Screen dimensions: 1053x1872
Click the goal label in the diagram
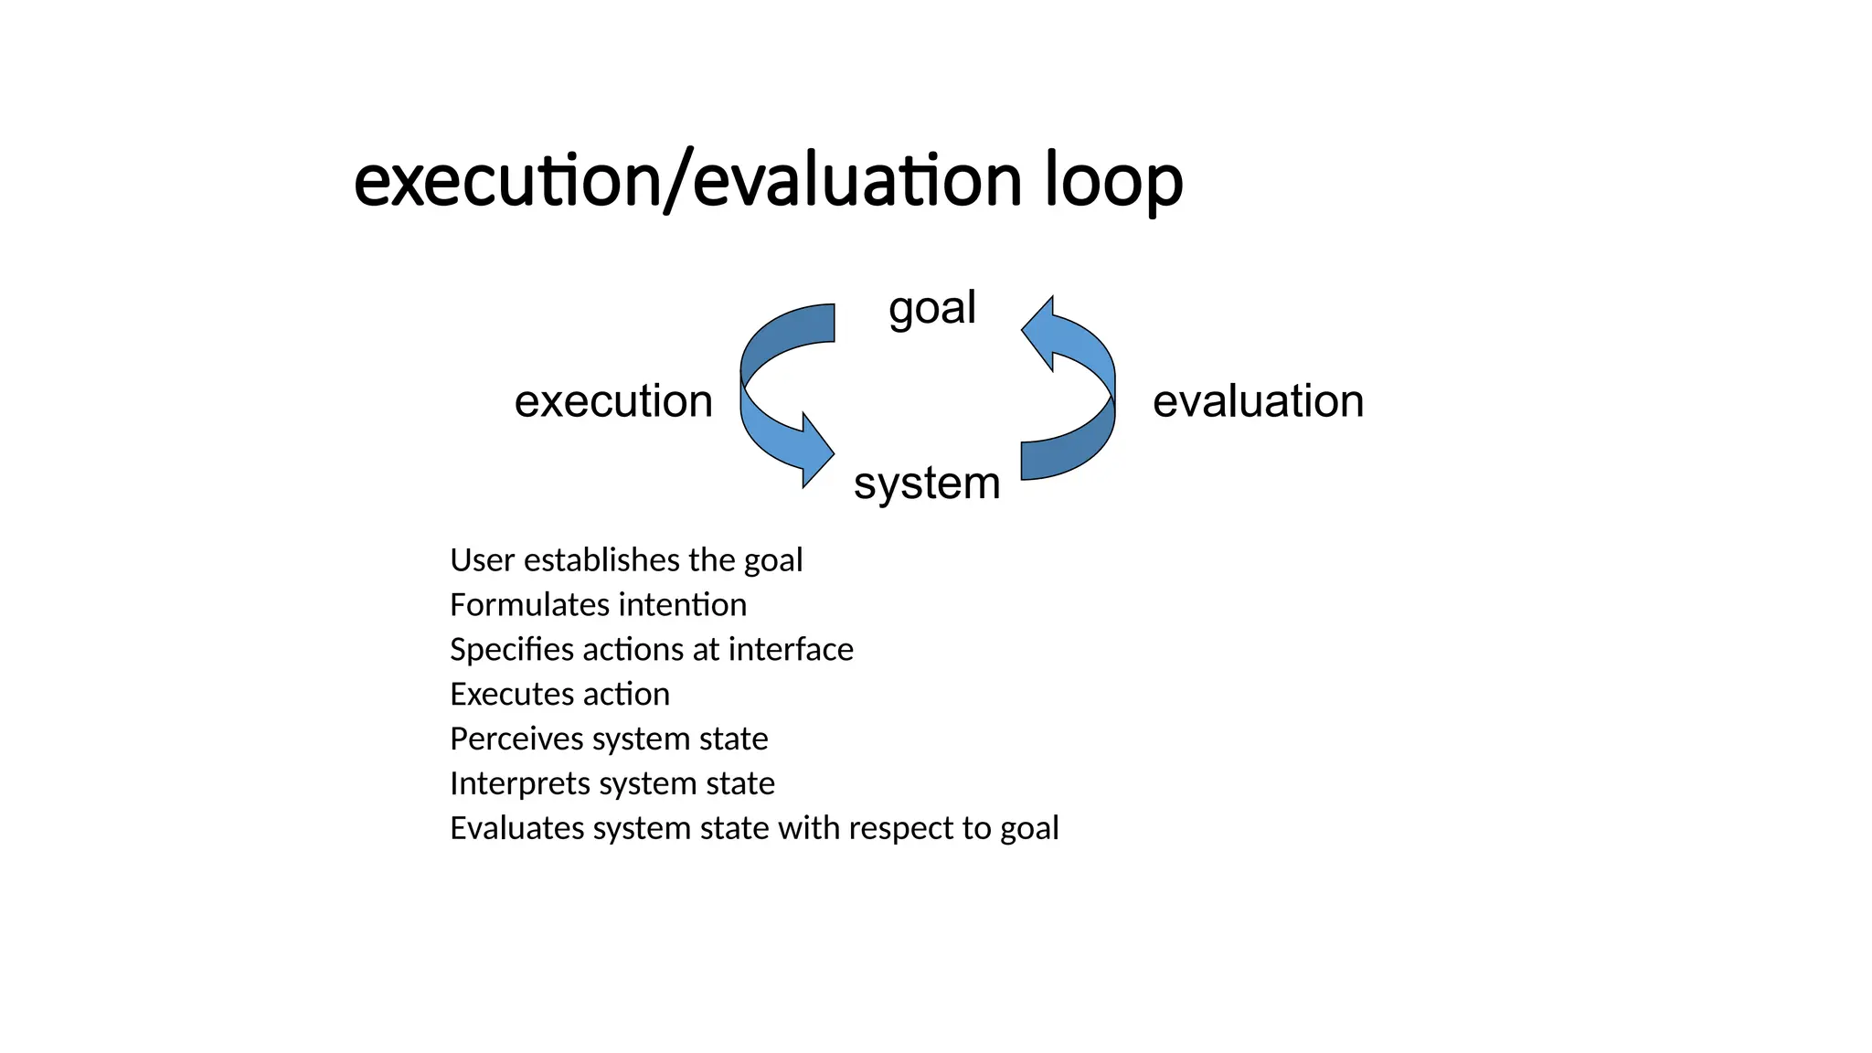tap(931, 307)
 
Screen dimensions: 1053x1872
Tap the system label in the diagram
tap(926, 483)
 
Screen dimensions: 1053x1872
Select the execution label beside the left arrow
tap(613, 401)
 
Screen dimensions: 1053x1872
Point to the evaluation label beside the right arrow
tap(1258, 401)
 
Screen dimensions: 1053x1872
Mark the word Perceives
tap(516, 739)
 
